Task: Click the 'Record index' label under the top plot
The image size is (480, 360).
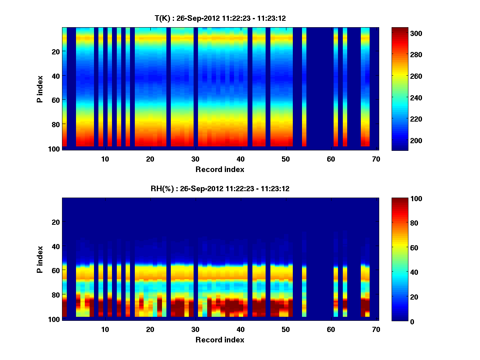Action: coord(220,170)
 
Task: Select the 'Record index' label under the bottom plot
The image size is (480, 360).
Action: coord(220,340)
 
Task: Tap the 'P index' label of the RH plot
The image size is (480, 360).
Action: coord(40,259)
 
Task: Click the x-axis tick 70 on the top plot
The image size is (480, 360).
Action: coord(376,159)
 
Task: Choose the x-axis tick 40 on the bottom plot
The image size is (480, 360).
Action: coord(240,329)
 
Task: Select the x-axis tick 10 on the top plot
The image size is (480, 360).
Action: coord(105,159)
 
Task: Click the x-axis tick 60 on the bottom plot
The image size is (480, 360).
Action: coord(331,329)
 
